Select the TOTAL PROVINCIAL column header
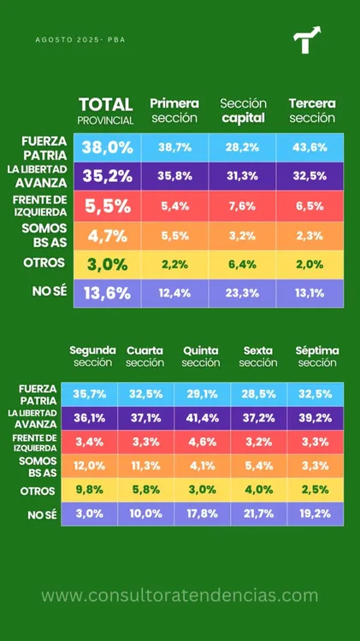(106, 110)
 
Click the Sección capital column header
(242, 110)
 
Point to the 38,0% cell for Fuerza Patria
(107, 147)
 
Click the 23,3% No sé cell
(242, 293)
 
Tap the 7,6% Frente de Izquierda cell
(242, 205)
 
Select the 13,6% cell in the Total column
(107, 293)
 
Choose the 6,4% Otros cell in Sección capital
(242, 264)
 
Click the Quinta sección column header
(201, 356)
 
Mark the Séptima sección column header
(317, 356)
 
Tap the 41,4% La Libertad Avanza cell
(201, 418)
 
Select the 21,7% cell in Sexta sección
(258, 514)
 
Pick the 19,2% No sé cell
(316, 514)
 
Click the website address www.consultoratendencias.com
(180, 595)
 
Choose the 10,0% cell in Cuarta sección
(145, 514)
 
